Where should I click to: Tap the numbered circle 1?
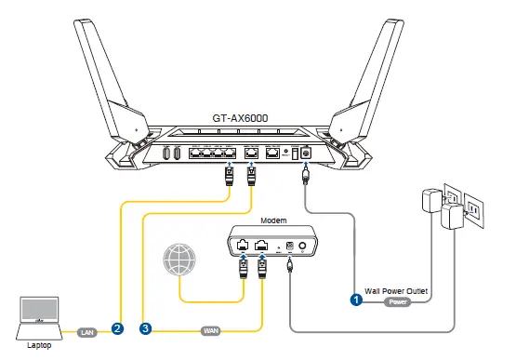[x=356, y=300]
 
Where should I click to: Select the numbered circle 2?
[x=117, y=328]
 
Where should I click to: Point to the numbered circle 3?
[x=145, y=328]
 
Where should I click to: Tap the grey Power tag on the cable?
[x=397, y=301]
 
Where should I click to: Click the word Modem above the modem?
[x=273, y=222]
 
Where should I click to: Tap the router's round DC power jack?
[x=303, y=153]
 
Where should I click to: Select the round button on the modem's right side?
[x=302, y=247]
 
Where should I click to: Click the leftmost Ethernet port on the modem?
[x=244, y=247]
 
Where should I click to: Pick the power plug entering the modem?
[x=290, y=266]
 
